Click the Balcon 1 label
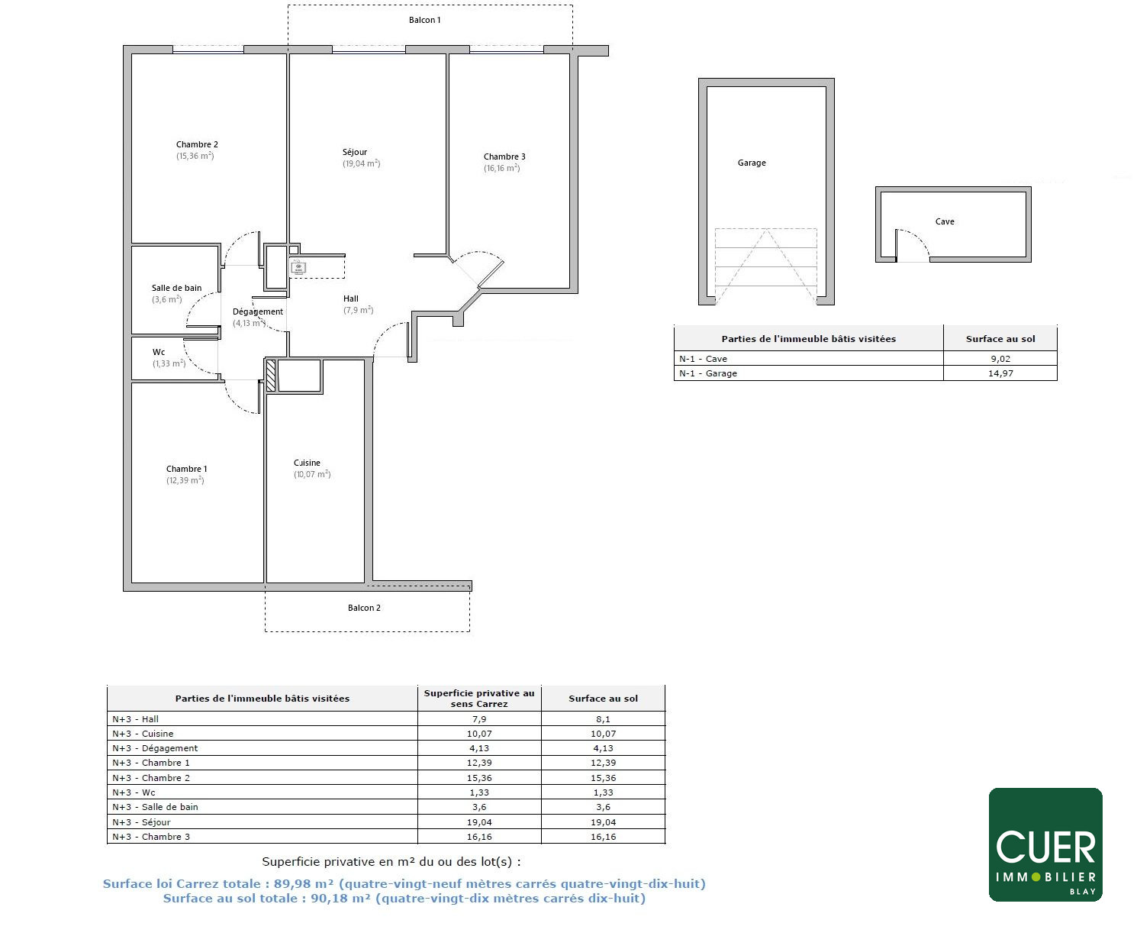tap(424, 20)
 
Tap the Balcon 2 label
tap(364, 608)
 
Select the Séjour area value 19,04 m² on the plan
tap(361, 163)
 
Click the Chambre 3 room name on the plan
tap(504, 157)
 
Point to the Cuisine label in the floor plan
tap(307, 463)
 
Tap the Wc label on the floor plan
tap(159, 352)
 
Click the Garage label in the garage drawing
tap(752, 163)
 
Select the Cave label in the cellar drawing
tap(945, 221)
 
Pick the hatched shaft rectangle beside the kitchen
tap(271, 375)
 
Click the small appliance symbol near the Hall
tap(298, 267)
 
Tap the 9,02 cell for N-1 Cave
tap(1000, 359)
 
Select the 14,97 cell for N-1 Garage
tap(1000, 373)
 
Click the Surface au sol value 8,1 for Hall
tap(603, 718)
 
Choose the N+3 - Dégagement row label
tap(155, 748)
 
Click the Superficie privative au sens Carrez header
tap(478, 698)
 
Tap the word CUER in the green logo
tap(1045, 847)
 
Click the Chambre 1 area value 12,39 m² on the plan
tap(185, 480)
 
